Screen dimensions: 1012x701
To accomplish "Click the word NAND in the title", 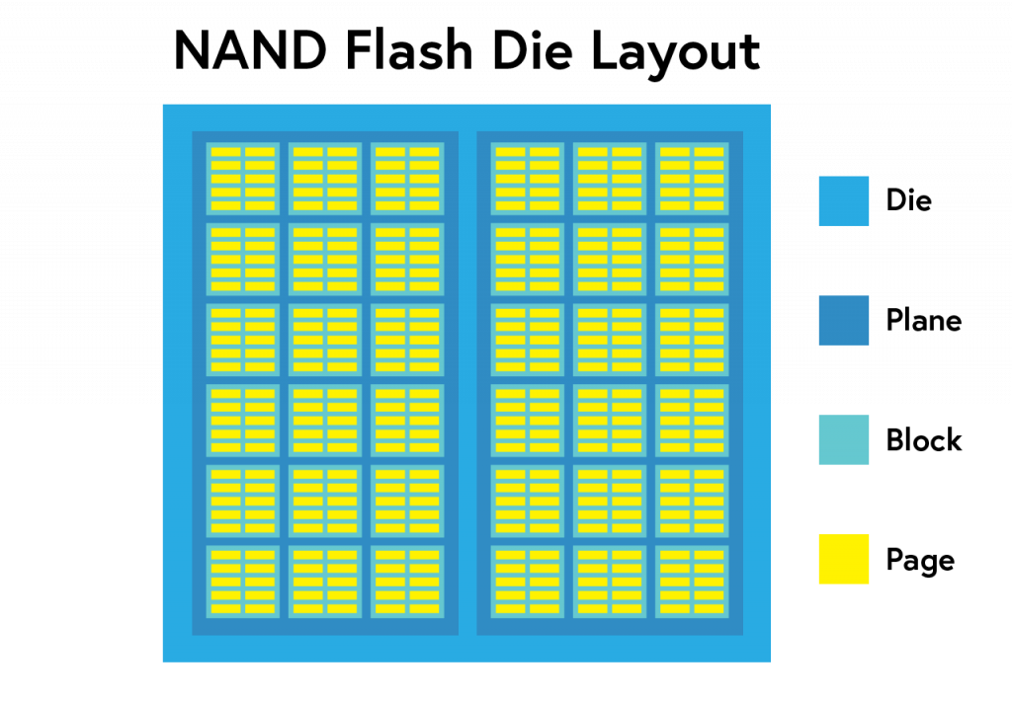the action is coord(250,50).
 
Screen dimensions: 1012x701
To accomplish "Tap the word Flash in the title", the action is coord(409,49).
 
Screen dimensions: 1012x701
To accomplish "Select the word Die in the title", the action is coord(532,49).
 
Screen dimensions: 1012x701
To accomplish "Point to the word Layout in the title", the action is coord(676,52).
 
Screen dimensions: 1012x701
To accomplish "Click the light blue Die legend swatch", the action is coord(844,201).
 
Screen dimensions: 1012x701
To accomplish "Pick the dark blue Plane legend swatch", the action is coord(844,321).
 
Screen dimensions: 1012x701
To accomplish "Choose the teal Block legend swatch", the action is coord(844,439).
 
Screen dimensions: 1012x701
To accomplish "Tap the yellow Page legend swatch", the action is coord(844,559).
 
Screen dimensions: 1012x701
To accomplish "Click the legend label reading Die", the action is coord(909,200).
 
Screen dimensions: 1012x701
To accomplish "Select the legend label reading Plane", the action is coord(924,320).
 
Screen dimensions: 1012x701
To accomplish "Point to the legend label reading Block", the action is coord(924,439).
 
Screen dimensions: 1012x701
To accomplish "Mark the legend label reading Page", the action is coord(920,561).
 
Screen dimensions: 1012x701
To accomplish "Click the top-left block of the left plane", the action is coord(243,179).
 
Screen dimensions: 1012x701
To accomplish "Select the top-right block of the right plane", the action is coord(692,179).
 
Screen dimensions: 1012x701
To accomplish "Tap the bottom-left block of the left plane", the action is coord(243,582).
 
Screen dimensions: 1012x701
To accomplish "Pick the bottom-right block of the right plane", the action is coord(692,582).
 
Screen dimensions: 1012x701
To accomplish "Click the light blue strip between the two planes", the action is coord(467,383).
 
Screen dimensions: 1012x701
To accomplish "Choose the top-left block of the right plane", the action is coord(528,179).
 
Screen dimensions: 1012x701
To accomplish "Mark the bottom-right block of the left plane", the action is coord(407,582).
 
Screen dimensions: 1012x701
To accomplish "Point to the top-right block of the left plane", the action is coord(407,179).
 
